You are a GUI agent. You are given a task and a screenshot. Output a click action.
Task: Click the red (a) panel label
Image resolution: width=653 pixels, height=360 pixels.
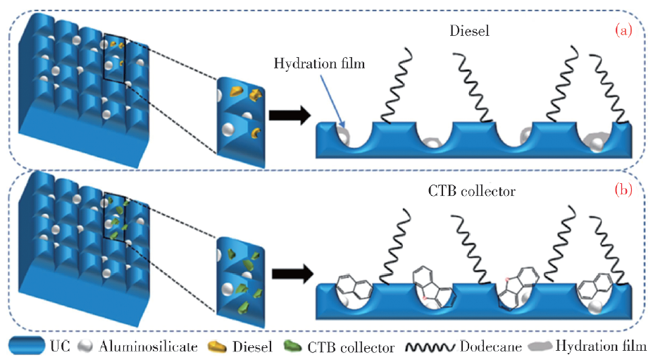[x=625, y=31]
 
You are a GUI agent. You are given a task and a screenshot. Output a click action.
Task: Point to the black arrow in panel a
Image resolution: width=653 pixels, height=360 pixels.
[x=289, y=116]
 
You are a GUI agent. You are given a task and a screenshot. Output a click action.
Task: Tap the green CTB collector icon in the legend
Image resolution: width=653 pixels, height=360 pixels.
[x=291, y=347]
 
